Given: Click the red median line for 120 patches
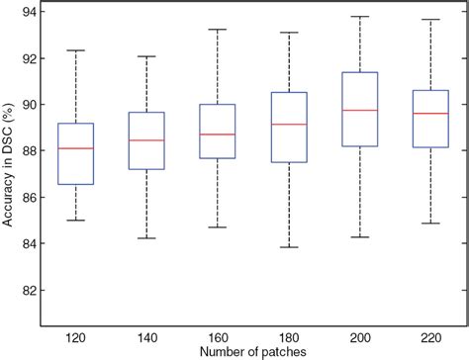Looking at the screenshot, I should pos(76,148).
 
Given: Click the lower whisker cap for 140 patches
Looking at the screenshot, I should pos(146,238).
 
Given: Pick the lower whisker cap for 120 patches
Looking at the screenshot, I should pos(76,221).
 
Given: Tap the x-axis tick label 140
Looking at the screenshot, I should pos(146,335).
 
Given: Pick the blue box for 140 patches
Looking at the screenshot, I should pos(146,140).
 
